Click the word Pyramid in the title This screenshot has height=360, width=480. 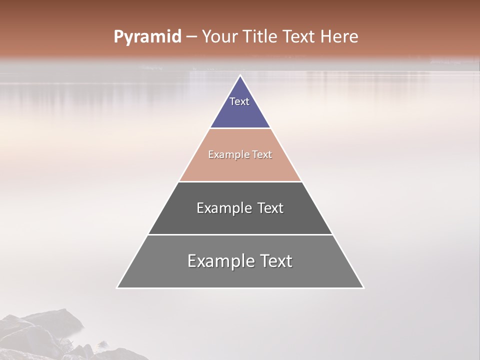coord(147,37)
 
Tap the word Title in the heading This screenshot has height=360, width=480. coord(263,36)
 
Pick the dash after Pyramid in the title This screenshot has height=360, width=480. coord(191,37)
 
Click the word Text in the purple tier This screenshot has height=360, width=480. coord(239,101)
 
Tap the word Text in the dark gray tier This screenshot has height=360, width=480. coord(270,208)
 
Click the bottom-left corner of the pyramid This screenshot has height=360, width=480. coord(117,287)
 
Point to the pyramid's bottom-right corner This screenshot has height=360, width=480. coord(363,287)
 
